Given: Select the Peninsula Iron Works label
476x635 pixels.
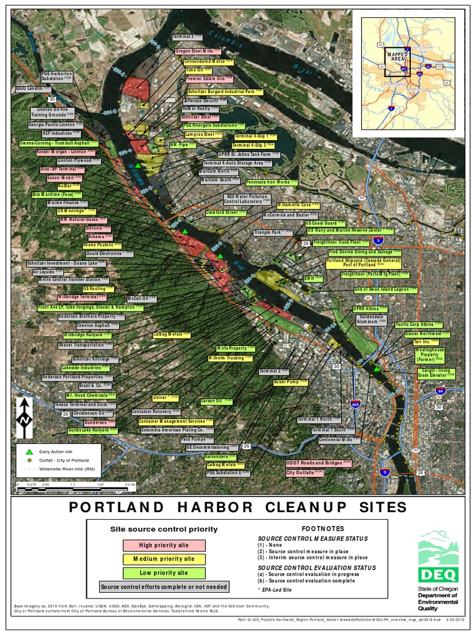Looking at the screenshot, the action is [x=268, y=182].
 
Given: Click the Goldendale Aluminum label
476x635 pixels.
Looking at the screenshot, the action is [x=370, y=319].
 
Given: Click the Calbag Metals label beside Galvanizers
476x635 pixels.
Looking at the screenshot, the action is [x=224, y=464].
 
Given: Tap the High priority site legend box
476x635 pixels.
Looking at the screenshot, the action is [x=164, y=545].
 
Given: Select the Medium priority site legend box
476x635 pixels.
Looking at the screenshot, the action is [x=164, y=559].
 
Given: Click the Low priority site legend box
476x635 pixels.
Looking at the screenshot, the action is [x=164, y=573].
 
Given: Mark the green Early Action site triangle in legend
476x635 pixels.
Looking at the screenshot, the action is [x=29, y=451].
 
